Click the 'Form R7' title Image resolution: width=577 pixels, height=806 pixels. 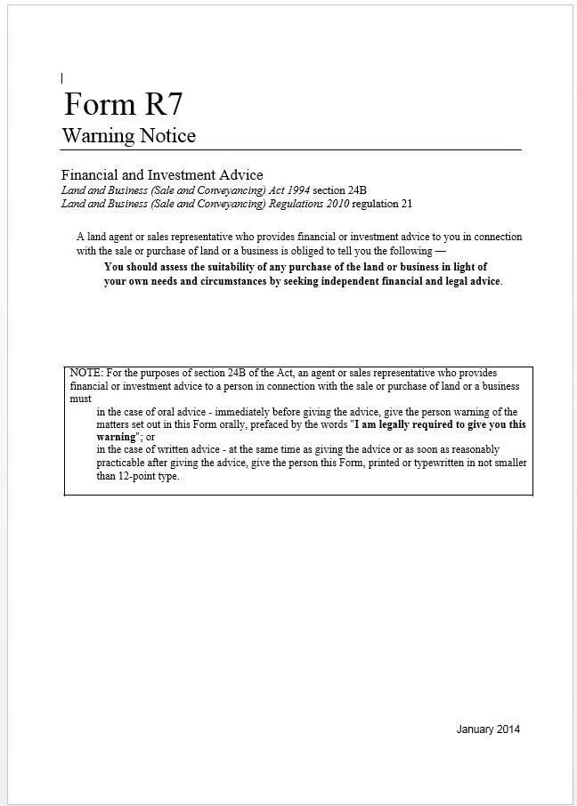123,104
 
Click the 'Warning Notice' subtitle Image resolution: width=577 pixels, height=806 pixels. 128,136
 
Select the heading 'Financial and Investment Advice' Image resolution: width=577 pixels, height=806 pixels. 162,175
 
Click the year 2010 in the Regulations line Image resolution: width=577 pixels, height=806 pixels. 336,204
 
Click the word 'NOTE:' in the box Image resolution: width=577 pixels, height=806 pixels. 85,373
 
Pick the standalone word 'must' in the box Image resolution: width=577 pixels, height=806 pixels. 80,399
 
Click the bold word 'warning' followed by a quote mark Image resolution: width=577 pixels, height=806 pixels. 117,438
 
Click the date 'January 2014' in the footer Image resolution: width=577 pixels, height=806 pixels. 488,729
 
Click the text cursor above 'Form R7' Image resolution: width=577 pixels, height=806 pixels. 61,78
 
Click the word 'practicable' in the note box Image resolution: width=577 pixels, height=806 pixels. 125,463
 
